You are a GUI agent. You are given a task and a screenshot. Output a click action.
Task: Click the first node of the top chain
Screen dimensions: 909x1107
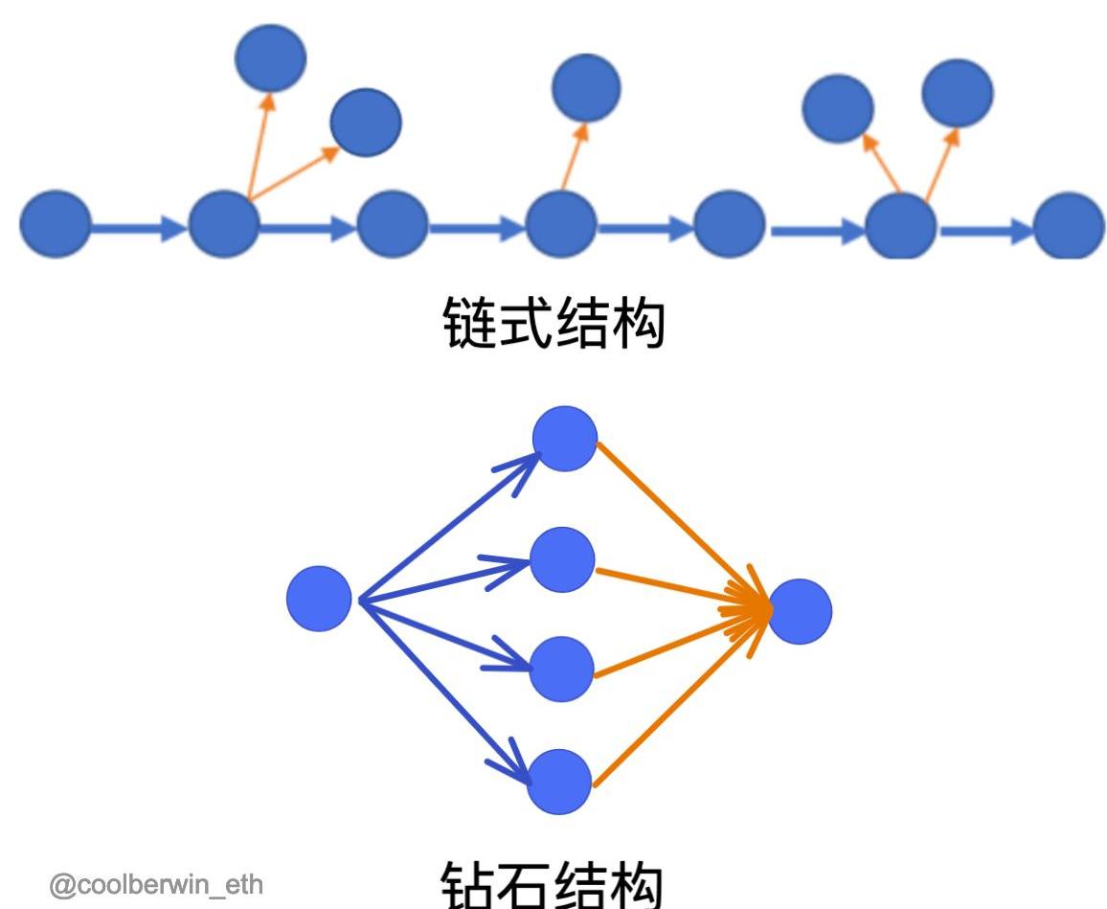click(55, 224)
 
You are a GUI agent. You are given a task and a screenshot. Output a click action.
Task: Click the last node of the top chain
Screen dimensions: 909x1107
click(1069, 226)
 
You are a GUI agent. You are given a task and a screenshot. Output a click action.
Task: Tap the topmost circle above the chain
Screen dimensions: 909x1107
click(270, 57)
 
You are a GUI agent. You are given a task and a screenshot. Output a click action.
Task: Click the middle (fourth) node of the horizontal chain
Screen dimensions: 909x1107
click(561, 225)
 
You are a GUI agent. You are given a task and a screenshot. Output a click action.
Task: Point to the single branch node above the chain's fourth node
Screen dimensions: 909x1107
click(586, 87)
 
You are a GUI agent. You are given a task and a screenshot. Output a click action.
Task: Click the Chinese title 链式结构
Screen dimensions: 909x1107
click(554, 323)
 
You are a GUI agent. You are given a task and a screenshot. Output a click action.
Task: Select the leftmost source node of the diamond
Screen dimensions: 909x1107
click(319, 599)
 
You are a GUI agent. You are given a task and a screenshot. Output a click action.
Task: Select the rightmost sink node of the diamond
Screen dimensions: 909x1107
click(800, 611)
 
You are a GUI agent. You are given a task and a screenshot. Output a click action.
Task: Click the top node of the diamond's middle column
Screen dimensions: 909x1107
click(564, 439)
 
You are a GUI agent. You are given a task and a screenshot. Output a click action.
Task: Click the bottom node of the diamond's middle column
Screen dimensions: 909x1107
click(560, 781)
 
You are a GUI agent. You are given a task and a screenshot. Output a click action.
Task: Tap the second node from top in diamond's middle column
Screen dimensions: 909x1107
click(562, 559)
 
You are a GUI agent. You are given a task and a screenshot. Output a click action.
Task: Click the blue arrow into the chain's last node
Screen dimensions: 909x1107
click(986, 231)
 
